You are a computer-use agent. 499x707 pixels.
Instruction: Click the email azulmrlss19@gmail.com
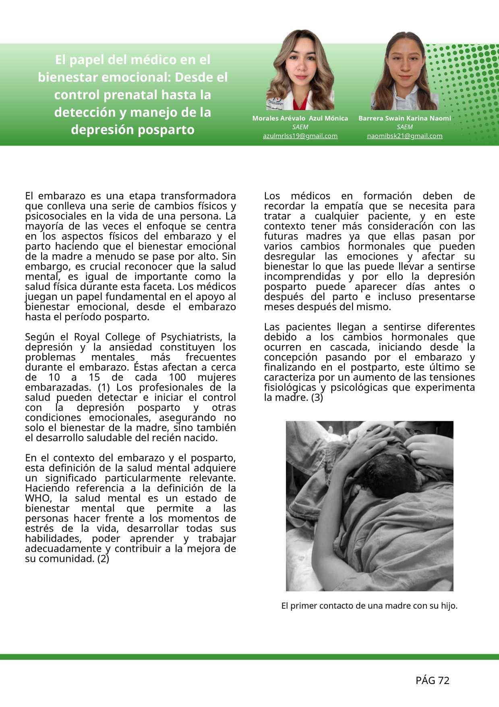(300, 136)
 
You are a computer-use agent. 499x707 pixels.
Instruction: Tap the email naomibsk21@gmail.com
(404, 136)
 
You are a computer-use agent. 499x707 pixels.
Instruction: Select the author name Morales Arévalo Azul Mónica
(300, 118)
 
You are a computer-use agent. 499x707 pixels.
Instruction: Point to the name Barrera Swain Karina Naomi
(404, 118)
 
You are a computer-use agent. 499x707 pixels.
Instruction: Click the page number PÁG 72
(432, 680)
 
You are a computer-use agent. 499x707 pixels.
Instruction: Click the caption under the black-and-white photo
(369, 605)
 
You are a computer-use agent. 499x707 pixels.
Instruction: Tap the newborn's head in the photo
(387, 476)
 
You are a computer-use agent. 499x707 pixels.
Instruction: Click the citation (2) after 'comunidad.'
(103, 559)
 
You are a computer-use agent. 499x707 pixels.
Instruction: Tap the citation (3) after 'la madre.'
(317, 397)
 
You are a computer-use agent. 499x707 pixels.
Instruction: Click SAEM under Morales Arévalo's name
(300, 127)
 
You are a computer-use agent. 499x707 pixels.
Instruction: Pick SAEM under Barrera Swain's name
(404, 127)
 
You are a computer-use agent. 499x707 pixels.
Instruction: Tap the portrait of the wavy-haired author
(300, 71)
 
